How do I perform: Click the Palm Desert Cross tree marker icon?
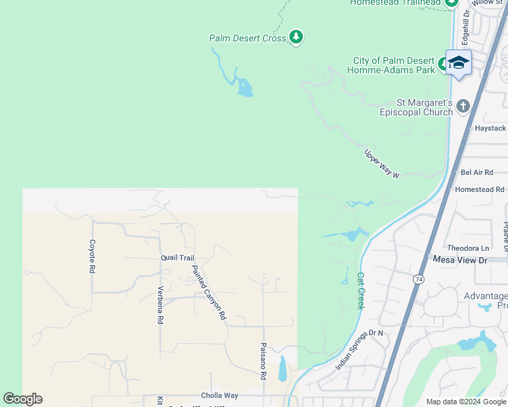click(x=295, y=37)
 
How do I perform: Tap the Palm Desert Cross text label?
click(x=247, y=39)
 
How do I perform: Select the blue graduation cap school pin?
click(x=459, y=62)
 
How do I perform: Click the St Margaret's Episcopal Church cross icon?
click(x=462, y=106)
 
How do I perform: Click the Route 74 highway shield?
click(x=418, y=279)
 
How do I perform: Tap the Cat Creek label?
click(x=361, y=291)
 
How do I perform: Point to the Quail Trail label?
click(x=177, y=258)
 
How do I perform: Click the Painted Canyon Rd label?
click(x=208, y=292)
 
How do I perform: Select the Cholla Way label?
click(x=219, y=395)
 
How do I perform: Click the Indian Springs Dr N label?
click(x=360, y=350)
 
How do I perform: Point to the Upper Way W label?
click(x=382, y=163)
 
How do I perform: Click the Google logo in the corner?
click(x=22, y=399)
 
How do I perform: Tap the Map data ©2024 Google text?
click(x=466, y=402)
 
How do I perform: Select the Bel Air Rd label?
click(x=476, y=173)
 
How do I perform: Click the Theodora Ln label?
click(x=467, y=248)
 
